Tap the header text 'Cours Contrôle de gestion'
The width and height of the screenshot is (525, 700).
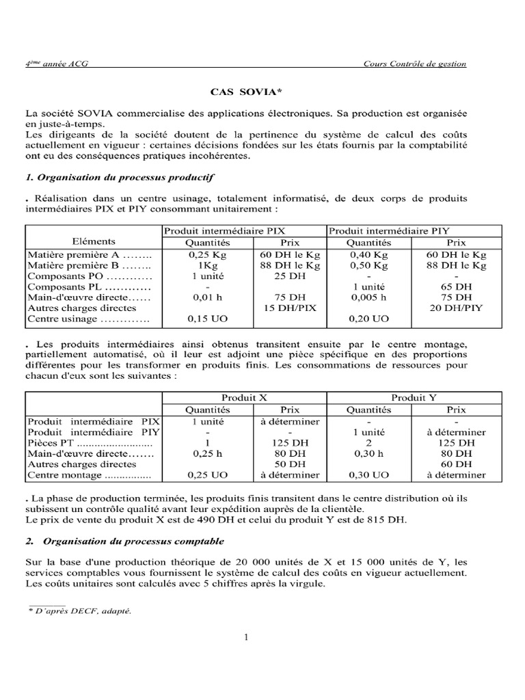[x=416, y=64]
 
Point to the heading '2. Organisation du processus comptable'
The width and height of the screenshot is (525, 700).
[x=124, y=541]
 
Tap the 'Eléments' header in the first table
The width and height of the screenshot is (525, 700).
[x=94, y=241]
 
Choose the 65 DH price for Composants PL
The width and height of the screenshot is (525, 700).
[x=456, y=286]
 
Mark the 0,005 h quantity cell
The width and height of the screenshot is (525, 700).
[x=369, y=297]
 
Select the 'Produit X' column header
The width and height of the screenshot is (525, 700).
[x=244, y=397]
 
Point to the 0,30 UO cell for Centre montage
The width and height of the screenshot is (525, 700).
[x=369, y=474]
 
